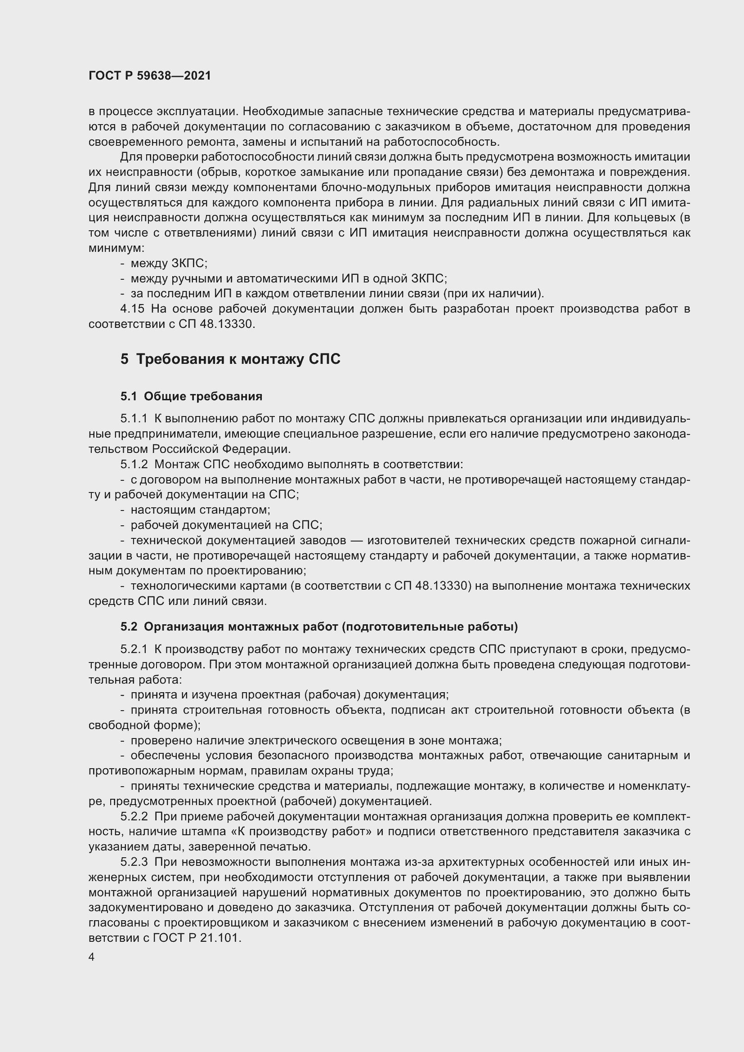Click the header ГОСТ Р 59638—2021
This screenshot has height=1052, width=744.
150,76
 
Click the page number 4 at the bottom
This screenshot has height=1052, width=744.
92,957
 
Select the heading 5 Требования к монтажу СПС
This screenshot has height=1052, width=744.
230,359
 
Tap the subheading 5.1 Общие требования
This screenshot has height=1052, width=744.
192,396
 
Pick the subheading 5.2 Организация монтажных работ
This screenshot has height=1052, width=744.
319,627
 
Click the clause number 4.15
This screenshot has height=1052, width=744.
132,309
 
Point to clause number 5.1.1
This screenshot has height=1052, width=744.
134,419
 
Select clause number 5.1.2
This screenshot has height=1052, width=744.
134,465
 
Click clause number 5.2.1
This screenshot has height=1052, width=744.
134,649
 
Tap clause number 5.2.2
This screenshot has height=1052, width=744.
134,816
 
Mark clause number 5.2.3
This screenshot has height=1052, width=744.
134,862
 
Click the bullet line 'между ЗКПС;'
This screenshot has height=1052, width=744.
169,264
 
